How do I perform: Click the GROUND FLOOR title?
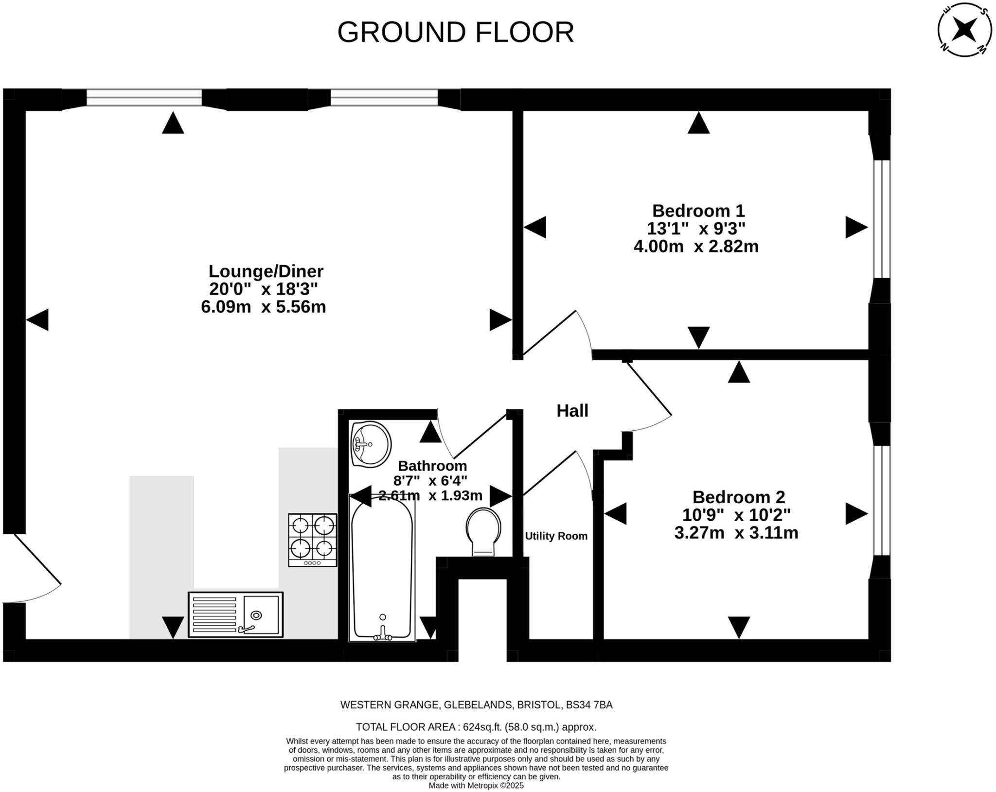point(456,33)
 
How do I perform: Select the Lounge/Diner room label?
point(266,271)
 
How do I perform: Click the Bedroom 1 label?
point(698,211)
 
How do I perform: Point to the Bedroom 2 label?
point(738,497)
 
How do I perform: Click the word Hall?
point(572,411)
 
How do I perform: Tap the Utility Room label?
point(556,536)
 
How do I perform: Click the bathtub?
point(382,569)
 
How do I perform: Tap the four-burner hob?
point(313,540)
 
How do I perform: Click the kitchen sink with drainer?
point(236,615)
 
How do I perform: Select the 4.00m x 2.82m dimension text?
point(695,247)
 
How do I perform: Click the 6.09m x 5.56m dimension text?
point(263,307)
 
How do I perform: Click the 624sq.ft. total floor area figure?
point(482,727)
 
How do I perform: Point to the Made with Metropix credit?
point(476,786)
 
